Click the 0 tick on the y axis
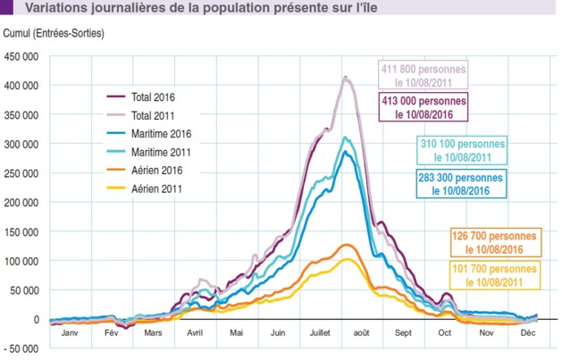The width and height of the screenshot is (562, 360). (35, 319)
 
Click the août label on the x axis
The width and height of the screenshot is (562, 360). (360, 332)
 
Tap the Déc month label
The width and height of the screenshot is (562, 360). (527, 332)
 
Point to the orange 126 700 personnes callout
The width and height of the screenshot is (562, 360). (495, 243)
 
